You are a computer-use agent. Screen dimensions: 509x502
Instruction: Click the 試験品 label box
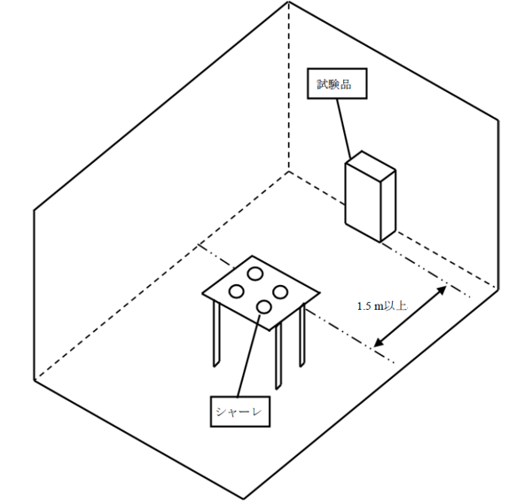coord(337,83)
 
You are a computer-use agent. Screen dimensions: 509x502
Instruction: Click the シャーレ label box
coord(240,412)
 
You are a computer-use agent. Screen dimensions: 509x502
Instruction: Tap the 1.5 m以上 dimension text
coord(381,306)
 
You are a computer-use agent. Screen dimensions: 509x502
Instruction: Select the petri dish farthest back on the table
coord(254,274)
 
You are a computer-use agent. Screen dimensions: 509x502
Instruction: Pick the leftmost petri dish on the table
coord(236,291)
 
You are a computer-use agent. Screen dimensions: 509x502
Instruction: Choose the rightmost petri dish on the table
coord(280,292)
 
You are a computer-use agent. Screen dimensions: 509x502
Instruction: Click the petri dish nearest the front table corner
coord(264,307)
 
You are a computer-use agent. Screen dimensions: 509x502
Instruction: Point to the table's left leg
coord(216,334)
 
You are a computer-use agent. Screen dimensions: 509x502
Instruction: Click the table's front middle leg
coord(278,357)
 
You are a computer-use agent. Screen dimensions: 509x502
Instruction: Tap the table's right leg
coord(302,336)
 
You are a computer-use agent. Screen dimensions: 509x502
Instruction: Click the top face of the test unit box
coord(371,165)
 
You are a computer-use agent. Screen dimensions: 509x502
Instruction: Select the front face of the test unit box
coord(363,202)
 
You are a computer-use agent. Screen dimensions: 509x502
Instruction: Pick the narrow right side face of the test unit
coord(388,206)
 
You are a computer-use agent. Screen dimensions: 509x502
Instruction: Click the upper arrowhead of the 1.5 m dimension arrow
coord(442,290)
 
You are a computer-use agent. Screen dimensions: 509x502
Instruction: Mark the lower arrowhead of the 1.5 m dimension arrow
coord(378,343)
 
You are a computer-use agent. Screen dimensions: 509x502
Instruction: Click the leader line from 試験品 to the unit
coord(343,128)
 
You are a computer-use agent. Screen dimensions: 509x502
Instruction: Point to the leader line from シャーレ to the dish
coord(249,355)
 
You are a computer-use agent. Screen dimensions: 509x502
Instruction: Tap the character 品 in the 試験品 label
coord(346,85)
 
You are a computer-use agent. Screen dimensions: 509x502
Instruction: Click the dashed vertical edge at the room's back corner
coord(288,87)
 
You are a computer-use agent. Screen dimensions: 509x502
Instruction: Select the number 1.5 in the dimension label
coord(364,306)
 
